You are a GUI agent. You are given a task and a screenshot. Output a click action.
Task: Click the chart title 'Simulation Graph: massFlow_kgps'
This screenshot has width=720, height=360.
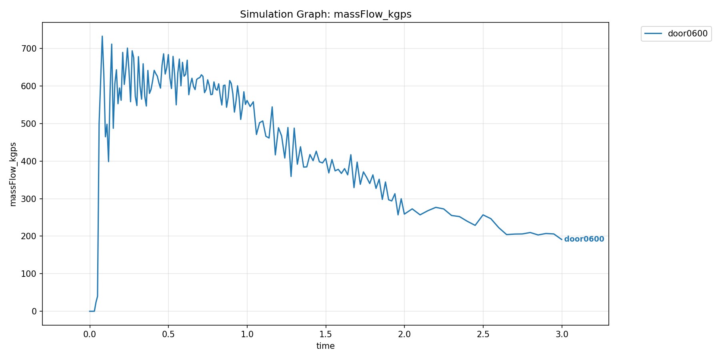point(326,14)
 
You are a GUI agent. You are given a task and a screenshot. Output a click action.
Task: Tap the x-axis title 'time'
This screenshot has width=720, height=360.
point(325,346)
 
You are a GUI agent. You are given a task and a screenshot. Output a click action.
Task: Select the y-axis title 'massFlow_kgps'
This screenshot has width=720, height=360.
point(13,174)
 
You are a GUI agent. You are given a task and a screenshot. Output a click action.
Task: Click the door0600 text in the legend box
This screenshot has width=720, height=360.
point(688,34)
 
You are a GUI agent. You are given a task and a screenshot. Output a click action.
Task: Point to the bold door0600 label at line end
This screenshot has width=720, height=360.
point(584,239)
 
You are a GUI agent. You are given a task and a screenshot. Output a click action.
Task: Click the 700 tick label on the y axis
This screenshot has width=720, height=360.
point(29,49)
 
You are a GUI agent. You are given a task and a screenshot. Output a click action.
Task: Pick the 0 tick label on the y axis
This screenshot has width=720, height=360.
point(34,312)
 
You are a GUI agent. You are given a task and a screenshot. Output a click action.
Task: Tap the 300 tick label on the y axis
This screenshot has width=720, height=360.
point(29,199)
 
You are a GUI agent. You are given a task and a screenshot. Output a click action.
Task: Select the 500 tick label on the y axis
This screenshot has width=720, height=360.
point(29,124)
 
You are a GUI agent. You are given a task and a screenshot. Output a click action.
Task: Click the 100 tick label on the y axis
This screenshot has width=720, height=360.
point(29,274)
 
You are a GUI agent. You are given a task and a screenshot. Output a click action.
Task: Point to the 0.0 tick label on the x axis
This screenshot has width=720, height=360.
point(90,334)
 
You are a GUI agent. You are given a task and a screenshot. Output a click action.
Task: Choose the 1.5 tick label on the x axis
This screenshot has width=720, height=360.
point(326,334)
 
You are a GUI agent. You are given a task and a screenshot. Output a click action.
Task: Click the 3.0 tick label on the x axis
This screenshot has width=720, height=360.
point(562,334)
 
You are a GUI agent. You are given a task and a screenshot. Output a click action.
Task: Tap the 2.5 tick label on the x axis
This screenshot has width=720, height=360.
point(483,334)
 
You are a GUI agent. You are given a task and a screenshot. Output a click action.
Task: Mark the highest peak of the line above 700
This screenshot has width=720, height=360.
point(102,36)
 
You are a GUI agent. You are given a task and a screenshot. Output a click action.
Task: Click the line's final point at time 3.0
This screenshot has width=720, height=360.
point(562,240)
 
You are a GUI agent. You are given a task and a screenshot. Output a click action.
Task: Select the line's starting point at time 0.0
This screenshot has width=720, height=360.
point(90,311)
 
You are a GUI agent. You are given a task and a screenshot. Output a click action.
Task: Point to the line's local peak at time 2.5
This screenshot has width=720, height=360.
point(483,215)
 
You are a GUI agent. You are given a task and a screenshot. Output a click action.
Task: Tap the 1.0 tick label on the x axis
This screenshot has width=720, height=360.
point(247,334)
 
